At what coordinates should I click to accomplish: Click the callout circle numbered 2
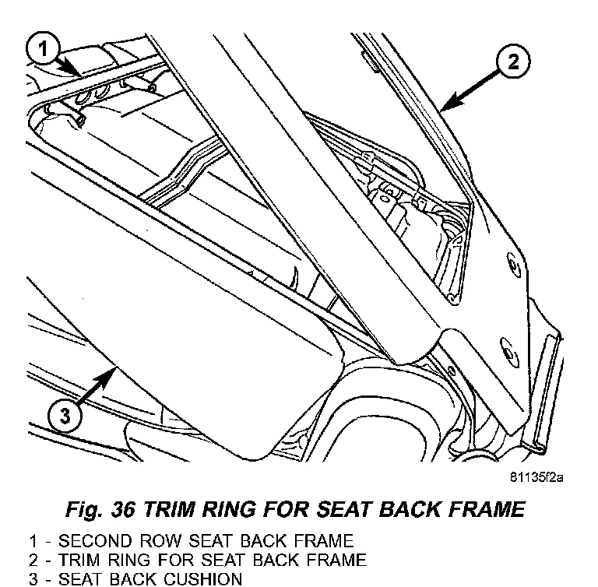[512, 62]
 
